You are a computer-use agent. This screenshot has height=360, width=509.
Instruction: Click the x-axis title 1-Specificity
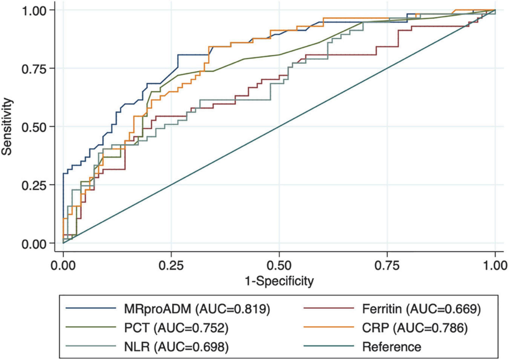pos(279,280)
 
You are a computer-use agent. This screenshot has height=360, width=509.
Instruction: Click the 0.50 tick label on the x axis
pos(279,266)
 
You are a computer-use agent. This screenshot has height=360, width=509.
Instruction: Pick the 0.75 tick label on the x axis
pos(387,266)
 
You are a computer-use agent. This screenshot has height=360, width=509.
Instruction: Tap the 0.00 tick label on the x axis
pos(63,266)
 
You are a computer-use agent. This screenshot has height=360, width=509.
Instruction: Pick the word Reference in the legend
pos(392,347)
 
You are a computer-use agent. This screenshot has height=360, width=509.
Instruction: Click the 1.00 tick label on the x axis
pos(495,266)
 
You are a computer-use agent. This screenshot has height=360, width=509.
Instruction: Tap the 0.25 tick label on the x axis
pos(171,266)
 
